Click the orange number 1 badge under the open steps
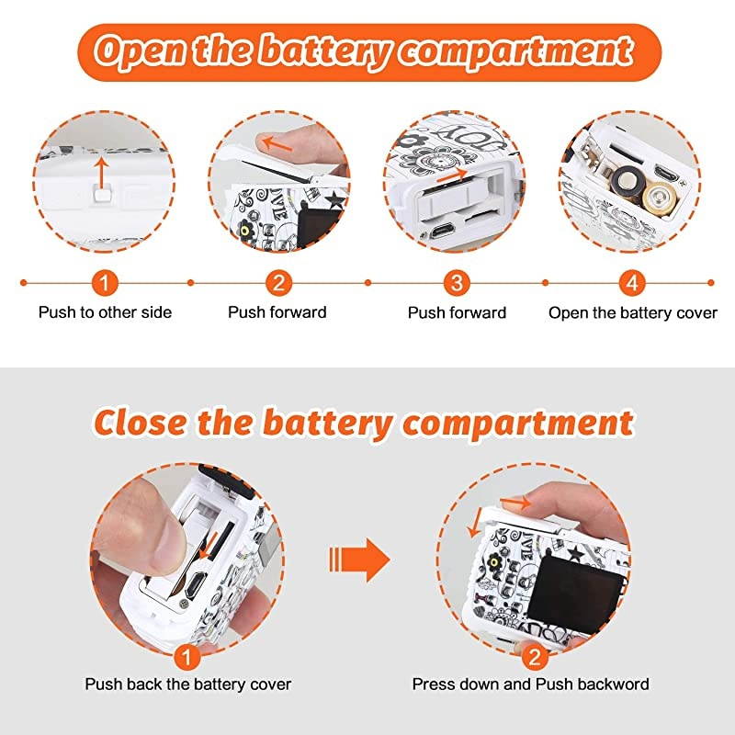(104, 283)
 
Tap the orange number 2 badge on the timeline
(278, 283)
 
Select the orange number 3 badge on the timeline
(457, 283)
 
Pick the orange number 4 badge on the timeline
(632, 283)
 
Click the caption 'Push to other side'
(105, 312)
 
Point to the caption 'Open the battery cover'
(633, 312)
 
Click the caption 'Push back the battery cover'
(188, 684)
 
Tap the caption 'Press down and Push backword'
(531, 684)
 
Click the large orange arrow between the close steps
(359, 560)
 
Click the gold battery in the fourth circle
(660, 199)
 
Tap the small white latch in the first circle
(103, 193)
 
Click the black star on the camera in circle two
(334, 200)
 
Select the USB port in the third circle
(442, 232)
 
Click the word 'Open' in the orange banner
(142, 51)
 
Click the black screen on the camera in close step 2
(575, 593)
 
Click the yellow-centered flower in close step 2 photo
(493, 560)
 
